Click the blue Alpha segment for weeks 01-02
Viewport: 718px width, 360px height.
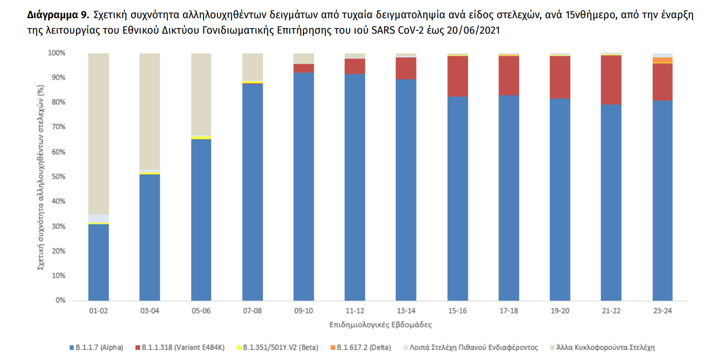(x=98, y=262)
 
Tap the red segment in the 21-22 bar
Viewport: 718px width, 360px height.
(x=611, y=80)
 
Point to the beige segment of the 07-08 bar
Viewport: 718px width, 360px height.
(x=252, y=67)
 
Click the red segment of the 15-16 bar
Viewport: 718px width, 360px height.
(x=457, y=76)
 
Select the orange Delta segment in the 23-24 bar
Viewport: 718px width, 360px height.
(x=662, y=60)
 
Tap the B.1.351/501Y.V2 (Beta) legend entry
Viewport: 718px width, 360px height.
(x=277, y=348)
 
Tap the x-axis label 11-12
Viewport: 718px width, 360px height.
(x=355, y=310)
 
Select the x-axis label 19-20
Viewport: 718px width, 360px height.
(x=560, y=310)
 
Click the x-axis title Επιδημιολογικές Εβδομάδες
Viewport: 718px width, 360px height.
(x=380, y=324)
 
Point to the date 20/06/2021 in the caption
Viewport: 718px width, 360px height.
(x=473, y=30)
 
